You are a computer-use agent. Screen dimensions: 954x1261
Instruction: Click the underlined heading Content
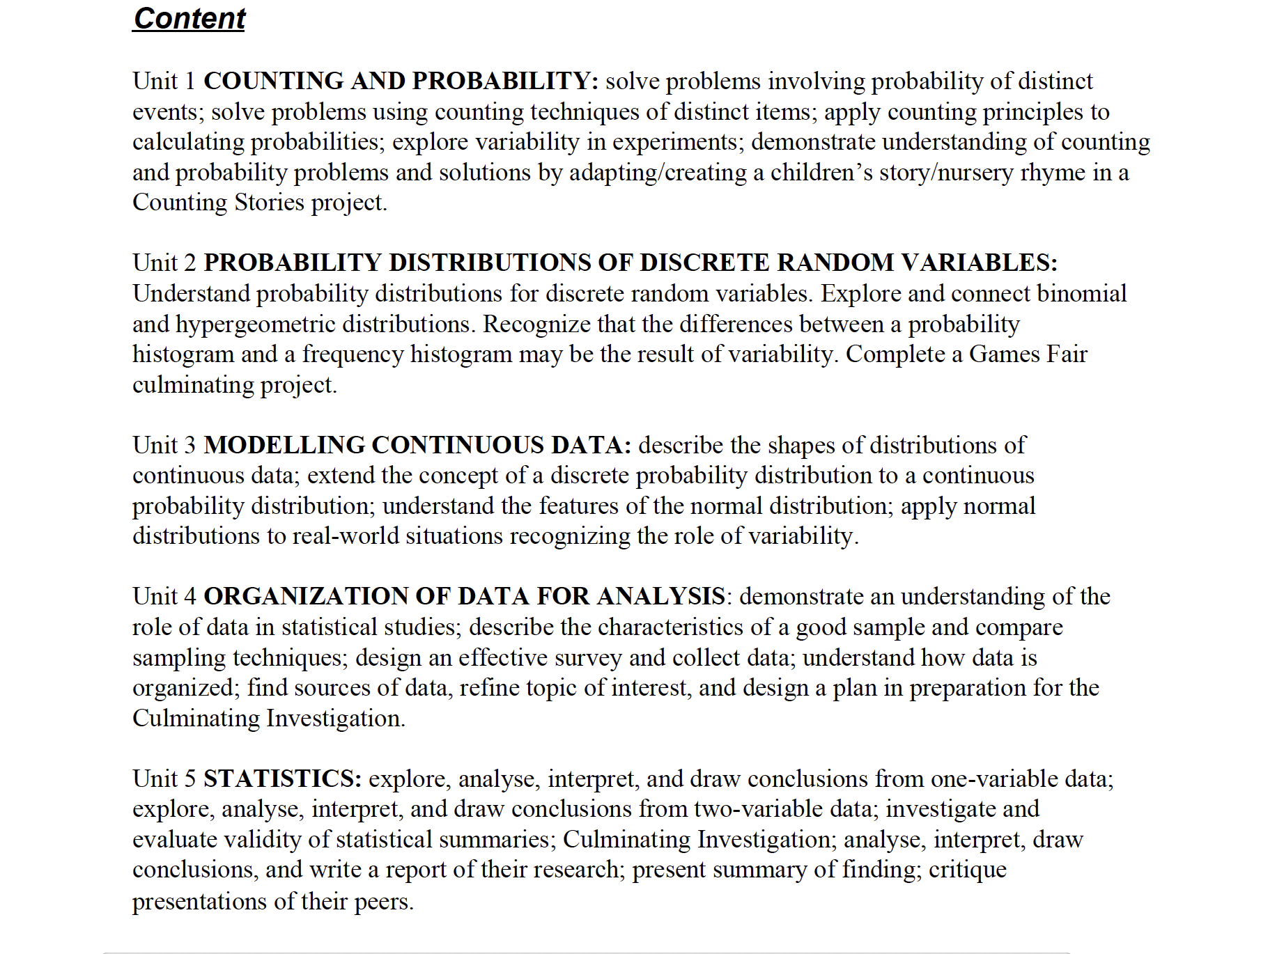click(x=189, y=19)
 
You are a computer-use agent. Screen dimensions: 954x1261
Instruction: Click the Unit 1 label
click(x=164, y=81)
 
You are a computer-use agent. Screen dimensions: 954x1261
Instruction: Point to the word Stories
click(x=269, y=203)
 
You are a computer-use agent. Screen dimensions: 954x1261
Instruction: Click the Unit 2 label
click(x=164, y=263)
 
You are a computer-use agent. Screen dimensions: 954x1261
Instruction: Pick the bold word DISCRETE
click(x=704, y=263)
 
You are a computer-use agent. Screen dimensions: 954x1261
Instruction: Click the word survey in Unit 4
click(x=589, y=658)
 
